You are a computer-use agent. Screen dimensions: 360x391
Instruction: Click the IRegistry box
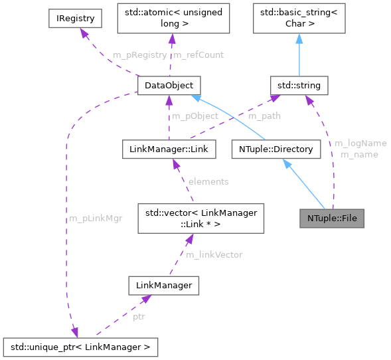click(75, 19)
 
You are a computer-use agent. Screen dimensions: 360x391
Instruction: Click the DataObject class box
click(169, 85)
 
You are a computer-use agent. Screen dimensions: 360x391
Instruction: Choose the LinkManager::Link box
click(169, 149)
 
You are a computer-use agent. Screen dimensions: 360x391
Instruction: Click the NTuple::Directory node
click(276, 149)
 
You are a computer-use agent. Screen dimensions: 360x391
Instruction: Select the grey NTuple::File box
click(332, 218)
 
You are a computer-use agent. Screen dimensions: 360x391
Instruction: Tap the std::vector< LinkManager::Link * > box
click(196, 219)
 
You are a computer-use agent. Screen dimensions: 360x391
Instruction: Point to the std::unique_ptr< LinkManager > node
click(80, 346)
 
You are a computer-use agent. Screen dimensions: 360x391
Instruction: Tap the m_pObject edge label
click(195, 116)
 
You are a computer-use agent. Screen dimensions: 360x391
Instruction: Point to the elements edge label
click(208, 181)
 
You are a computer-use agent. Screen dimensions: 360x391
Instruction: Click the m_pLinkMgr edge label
click(96, 219)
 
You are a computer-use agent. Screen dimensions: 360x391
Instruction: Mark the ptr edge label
click(139, 316)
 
